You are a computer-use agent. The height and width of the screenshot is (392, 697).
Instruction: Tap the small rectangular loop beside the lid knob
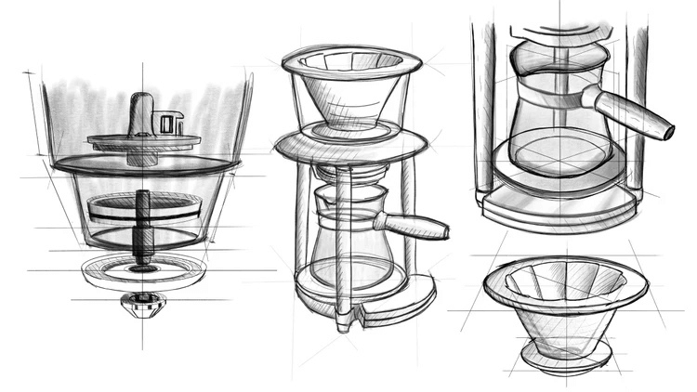coord(169,122)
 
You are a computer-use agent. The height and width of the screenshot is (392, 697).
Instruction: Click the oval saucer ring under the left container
coord(143,271)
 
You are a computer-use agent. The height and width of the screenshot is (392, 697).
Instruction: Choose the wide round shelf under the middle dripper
coord(350,143)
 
